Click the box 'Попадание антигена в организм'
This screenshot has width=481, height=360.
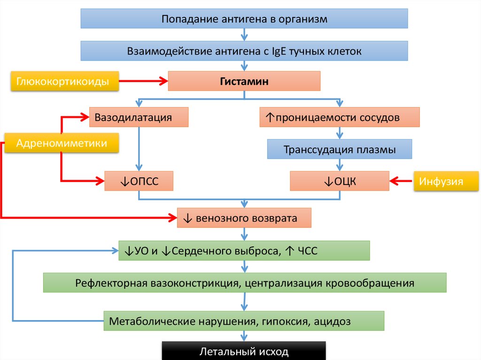tap(244, 19)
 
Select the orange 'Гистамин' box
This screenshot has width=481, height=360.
tap(244, 81)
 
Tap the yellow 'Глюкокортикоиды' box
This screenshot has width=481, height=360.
tap(63, 82)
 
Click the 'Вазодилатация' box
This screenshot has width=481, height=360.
tap(139, 117)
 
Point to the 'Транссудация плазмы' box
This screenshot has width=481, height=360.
tap(339, 150)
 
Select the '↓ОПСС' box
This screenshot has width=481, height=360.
tap(139, 181)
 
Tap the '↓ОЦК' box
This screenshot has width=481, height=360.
tap(339, 181)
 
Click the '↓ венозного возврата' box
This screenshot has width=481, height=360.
tap(244, 218)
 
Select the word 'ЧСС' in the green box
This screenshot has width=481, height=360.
tap(308, 251)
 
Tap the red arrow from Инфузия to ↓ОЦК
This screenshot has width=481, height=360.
tap(401, 180)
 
